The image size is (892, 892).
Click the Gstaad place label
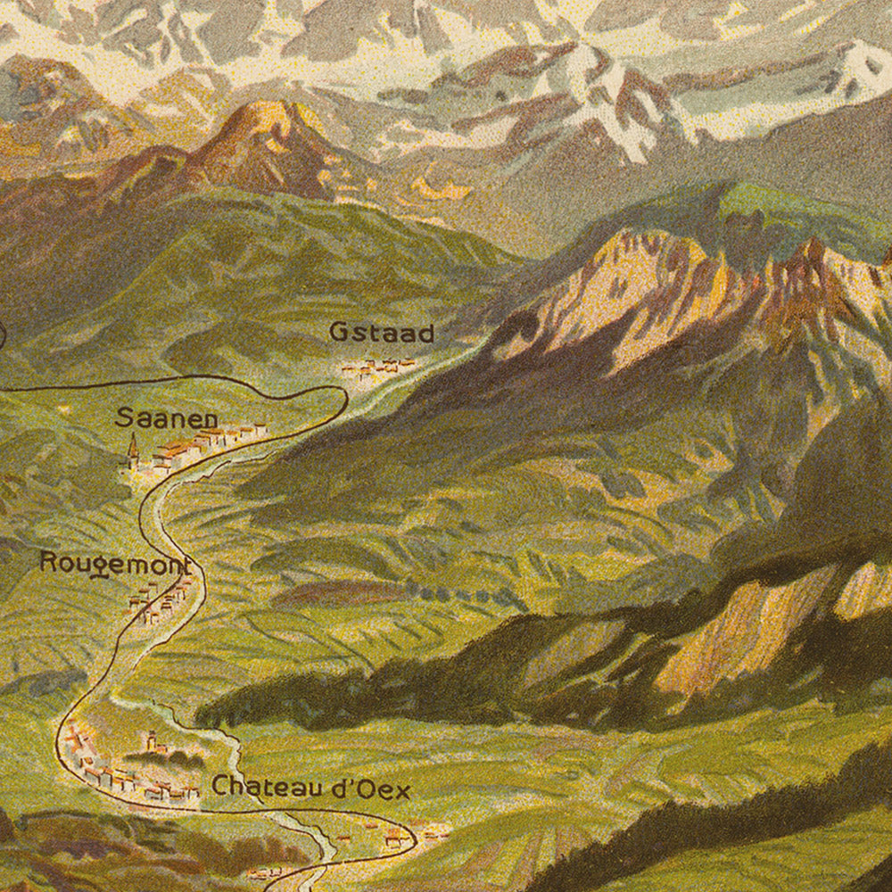pyautogui.click(x=381, y=333)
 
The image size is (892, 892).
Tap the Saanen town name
pyautogui.click(x=167, y=417)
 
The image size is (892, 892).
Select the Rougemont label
pyautogui.click(x=115, y=564)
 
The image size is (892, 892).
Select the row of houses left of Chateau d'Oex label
pyautogui.click(x=134, y=783)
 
